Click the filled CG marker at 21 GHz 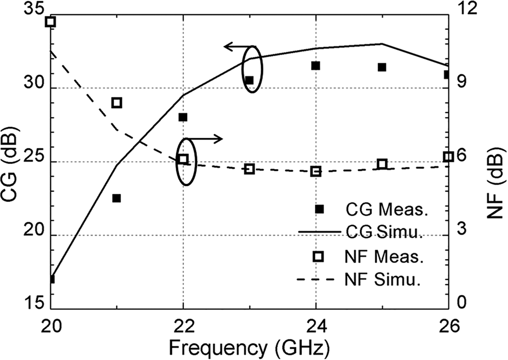tap(116, 198)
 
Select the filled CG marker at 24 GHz tap(316, 66)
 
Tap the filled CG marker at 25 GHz tap(382, 67)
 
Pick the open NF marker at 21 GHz tap(116, 103)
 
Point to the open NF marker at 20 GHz tap(50, 22)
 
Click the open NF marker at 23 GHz tap(249, 169)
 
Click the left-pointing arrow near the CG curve tap(239, 46)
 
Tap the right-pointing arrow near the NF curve tap(205, 139)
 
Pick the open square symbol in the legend tap(318, 257)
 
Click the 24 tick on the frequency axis tap(316, 326)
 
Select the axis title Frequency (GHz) tap(249, 348)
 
